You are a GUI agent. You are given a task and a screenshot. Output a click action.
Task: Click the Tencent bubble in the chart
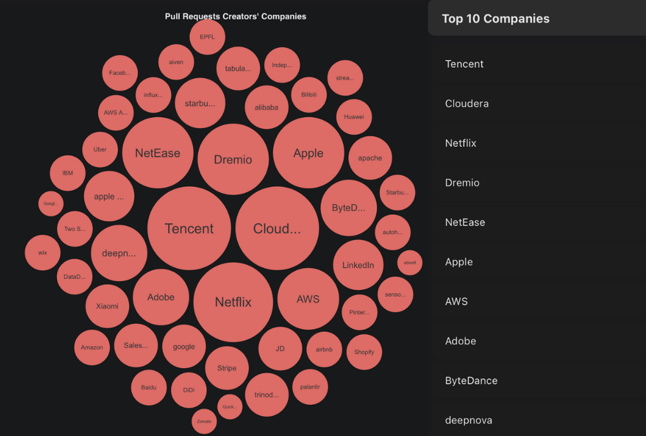pyautogui.click(x=189, y=228)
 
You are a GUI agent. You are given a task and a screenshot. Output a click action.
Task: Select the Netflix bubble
pyautogui.click(x=233, y=302)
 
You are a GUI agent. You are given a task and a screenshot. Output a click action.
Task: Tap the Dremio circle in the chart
pyautogui.click(x=233, y=160)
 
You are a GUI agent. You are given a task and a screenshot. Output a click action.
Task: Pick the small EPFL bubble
pyautogui.click(x=207, y=37)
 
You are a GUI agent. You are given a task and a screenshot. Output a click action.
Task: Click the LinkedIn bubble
pyautogui.click(x=358, y=265)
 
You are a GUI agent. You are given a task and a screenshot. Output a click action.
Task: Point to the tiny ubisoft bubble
pyautogui.click(x=410, y=263)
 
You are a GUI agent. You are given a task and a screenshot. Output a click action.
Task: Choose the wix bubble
pyautogui.click(x=43, y=252)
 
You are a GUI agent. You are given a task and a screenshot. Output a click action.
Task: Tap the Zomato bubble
pyautogui.click(x=204, y=421)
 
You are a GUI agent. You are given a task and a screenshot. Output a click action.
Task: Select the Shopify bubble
pyautogui.click(x=364, y=352)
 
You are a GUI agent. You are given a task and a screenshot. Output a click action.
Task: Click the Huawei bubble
pyautogui.click(x=354, y=117)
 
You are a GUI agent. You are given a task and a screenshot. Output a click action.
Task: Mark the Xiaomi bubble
pyautogui.click(x=107, y=306)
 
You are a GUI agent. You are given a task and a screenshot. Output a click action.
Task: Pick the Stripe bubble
pyautogui.click(x=227, y=368)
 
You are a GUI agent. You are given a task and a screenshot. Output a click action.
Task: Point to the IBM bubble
pyautogui.click(x=67, y=173)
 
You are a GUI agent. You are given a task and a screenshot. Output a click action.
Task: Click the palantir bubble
pyautogui.click(x=310, y=387)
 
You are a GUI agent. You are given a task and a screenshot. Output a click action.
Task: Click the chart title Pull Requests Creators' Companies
pyautogui.click(x=236, y=16)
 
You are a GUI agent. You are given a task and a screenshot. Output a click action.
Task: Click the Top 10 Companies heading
pyautogui.click(x=496, y=19)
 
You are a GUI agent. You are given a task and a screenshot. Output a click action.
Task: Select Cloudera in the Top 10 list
pyautogui.click(x=467, y=104)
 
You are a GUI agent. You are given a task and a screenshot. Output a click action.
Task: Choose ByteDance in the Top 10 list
pyautogui.click(x=471, y=380)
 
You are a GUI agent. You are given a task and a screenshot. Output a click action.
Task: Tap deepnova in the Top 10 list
pyautogui.click(x=468, y=420)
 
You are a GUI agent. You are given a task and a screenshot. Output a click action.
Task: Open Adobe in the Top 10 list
pyautogui.click(x=460, y=341)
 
